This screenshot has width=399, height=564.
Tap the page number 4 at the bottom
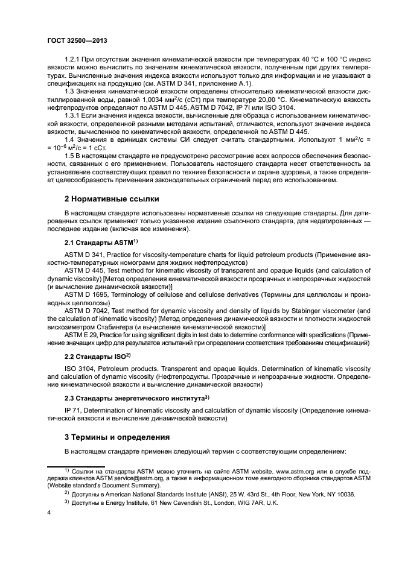point(49,513)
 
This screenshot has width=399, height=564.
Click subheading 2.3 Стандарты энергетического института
point(136,399)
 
